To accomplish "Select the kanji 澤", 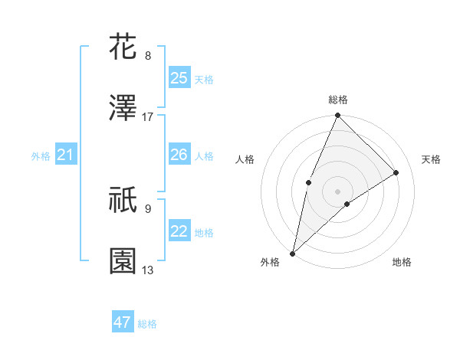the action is point(123,110).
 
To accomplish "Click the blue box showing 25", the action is point(179,78).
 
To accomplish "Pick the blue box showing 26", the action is point(179,155).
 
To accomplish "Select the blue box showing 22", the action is point(179,231).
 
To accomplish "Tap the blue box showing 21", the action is point(65,155).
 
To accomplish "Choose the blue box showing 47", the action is point(123,322).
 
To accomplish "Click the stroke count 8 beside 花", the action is point(148,56).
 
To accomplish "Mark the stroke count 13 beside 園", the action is point(148,270).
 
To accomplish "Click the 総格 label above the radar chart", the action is point(338,100).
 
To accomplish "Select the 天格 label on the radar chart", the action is point(431,159).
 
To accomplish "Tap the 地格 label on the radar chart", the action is point(402,262).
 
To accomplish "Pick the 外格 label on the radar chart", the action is point(270,262).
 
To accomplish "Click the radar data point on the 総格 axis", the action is point(338,116).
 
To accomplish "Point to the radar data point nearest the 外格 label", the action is point(292,253).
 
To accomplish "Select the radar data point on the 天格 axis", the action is point(396,172).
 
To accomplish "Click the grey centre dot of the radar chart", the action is point(338,191).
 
